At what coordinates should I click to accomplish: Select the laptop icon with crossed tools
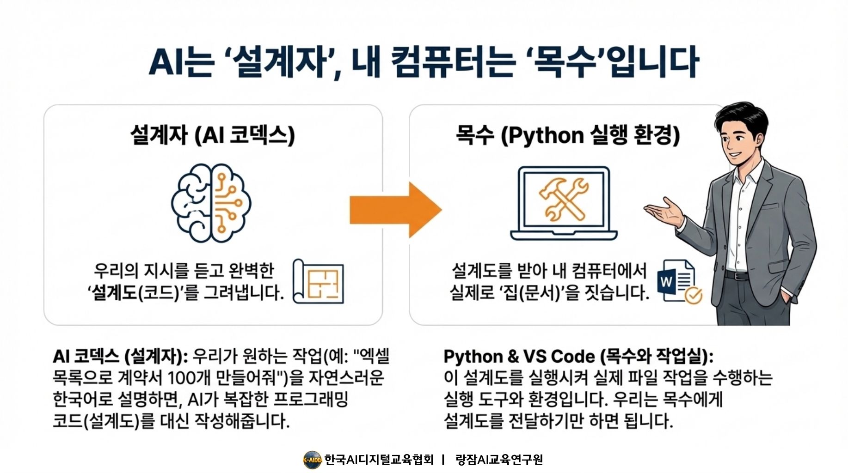pos(564,203)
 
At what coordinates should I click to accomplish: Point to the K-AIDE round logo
pos(312,460)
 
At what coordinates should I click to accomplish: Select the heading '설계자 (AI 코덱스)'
pos(213,135)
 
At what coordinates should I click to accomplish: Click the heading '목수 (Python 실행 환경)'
pos(567,135)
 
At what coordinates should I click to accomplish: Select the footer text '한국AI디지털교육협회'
pos(379,460)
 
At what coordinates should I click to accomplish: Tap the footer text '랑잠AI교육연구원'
pos(499,460)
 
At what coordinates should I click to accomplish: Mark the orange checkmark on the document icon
pos(693,295)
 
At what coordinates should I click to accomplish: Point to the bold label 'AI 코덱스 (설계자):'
pos(120,357)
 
